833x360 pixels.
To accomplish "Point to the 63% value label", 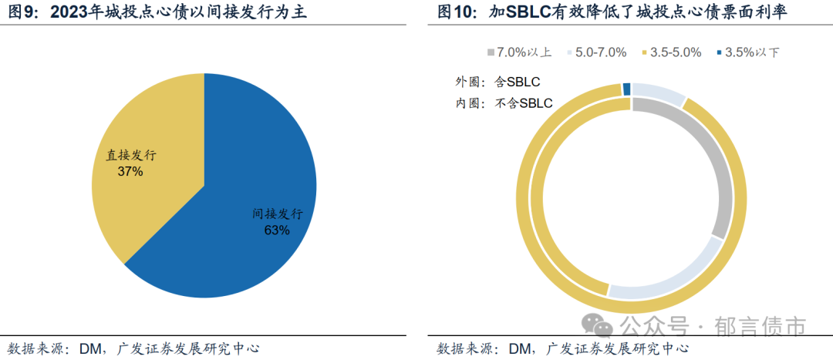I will pos(277,230).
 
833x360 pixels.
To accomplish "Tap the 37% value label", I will pos(130,171).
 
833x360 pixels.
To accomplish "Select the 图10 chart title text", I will pos(623,13).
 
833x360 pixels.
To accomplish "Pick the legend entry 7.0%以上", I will pos(520,52).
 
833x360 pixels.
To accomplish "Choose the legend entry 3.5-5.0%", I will pos(672,52).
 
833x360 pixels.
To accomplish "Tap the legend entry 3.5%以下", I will pos(747,52).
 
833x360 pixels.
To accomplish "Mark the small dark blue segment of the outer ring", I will pos(627,89).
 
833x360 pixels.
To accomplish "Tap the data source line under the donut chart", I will pos(562,348).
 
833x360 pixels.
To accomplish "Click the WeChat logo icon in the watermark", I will pos(595,325).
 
